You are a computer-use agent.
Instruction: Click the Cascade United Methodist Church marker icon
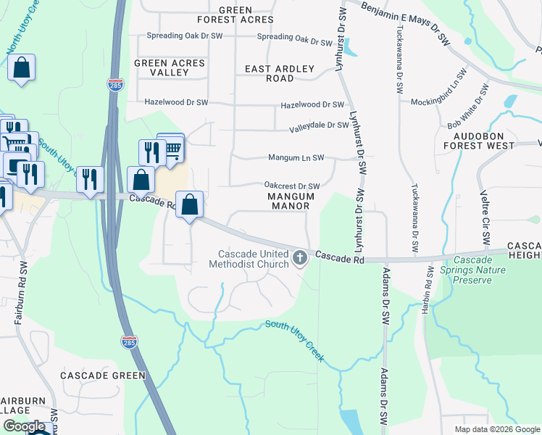[300, 257]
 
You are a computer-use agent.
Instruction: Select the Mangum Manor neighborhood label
[291, 201]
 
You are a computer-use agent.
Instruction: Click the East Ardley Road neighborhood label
[280, 73]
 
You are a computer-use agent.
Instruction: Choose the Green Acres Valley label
[170, 67]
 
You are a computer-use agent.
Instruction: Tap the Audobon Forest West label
[483, 141]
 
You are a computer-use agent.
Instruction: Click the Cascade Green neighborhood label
[103, 376]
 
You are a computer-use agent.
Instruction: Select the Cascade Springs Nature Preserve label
[485, 270]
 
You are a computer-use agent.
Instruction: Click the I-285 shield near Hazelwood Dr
[115, 84]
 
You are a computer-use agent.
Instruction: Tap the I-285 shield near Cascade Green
[129, 341]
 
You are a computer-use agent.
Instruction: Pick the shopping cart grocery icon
[172, 148]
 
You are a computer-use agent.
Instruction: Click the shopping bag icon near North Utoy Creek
[22, 69]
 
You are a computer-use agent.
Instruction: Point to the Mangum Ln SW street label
[296, 157]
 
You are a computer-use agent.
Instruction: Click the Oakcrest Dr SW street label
[292, 186]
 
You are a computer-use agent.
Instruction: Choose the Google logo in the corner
[24, 426]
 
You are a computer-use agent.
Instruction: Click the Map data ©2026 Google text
[496, 429]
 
